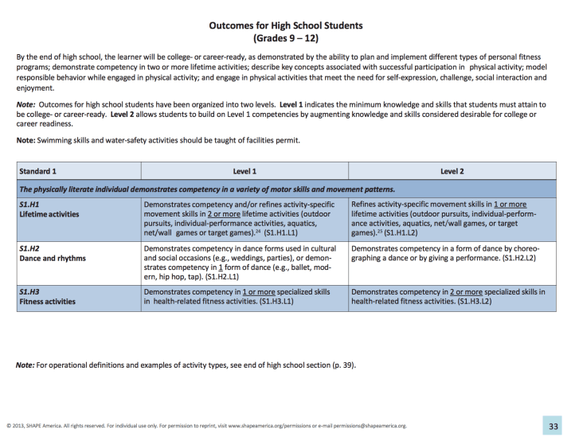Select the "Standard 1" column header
38,171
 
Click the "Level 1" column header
244,171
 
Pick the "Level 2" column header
452,171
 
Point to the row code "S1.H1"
29,205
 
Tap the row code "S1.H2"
29,249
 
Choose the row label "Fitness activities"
47,302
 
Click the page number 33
554,426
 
